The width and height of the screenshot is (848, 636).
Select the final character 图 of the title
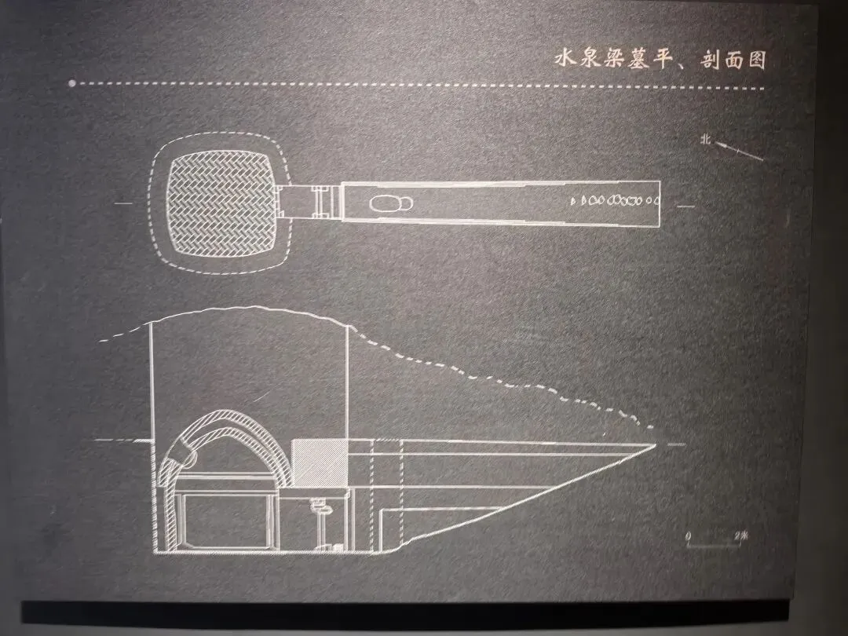[x=756, y=60]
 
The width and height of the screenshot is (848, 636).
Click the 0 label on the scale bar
[x=689, y=535]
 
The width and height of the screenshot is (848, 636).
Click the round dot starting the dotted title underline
[x=71, y=82]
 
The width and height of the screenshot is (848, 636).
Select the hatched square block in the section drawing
[x=319, y=461]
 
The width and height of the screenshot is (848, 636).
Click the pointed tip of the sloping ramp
[x=655, y=444]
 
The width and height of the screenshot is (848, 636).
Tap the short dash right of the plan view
[x=685, y=206]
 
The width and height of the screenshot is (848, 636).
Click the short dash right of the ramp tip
[x=676, y=444]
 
